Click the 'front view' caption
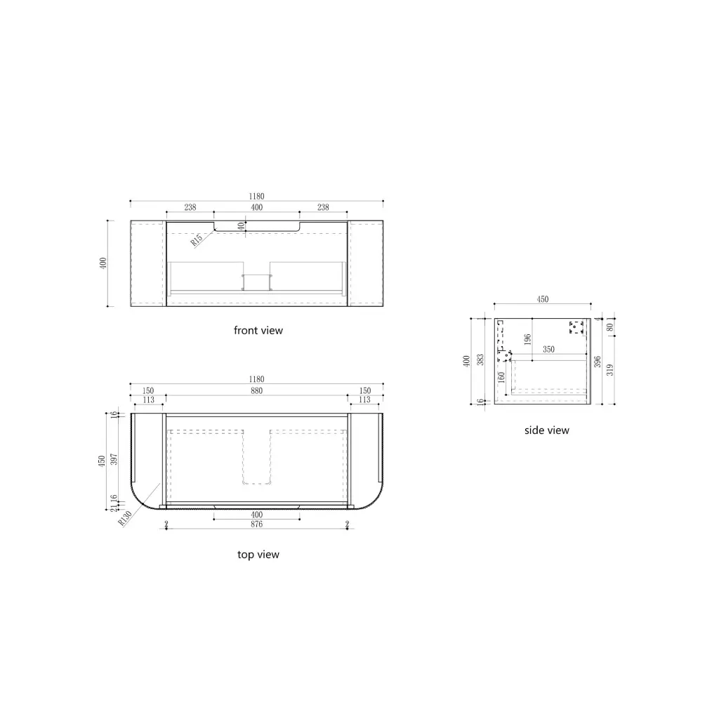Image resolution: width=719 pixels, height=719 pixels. [258, 330]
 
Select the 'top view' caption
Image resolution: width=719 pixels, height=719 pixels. [258, 555]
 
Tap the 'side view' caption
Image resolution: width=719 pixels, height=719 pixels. [547, 430]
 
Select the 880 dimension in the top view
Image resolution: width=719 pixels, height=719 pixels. [257, 391]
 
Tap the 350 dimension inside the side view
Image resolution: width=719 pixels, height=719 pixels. [548, 349]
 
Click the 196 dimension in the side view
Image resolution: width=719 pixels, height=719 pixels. [527, 339]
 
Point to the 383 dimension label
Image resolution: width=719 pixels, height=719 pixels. [480, 359]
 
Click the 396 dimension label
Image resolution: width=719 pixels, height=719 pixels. [597, 361]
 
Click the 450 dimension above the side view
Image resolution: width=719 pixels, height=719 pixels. [543, 299]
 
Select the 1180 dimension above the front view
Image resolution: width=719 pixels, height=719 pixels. [257, 197]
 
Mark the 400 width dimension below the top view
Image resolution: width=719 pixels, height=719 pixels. [257, 514]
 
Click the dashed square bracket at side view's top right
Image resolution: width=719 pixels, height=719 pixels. [576, 327]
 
